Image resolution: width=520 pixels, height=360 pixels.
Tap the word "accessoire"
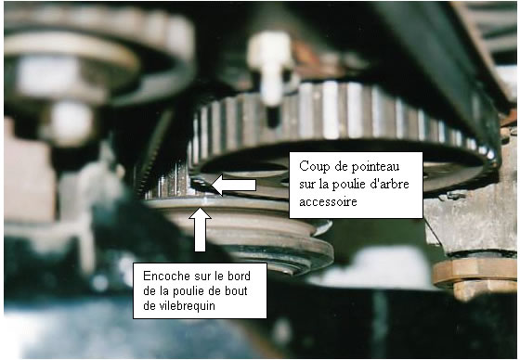(x=328, y=201)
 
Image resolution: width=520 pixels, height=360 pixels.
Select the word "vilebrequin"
(x=179, y=305)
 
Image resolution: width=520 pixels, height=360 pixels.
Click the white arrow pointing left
(x=233, y=185)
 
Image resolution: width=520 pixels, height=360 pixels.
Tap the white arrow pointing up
(x=200, y=229)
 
